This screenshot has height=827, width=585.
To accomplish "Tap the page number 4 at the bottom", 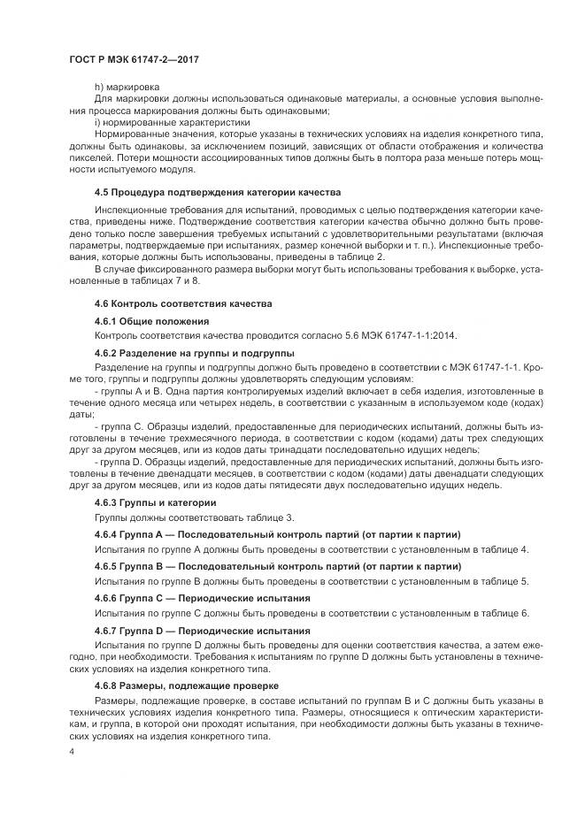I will click(x=72, y=751).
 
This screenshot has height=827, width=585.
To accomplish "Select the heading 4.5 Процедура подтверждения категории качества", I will click(x=217, y=192).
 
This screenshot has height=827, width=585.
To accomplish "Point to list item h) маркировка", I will click(x=127, y=87).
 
